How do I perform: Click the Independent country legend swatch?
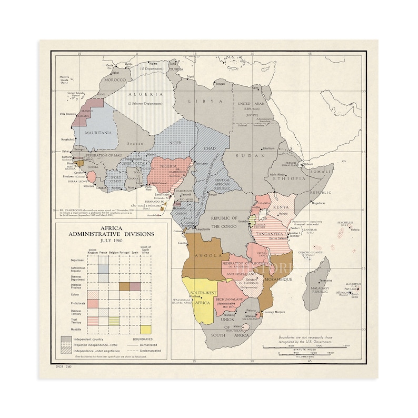[x=66, y=339]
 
